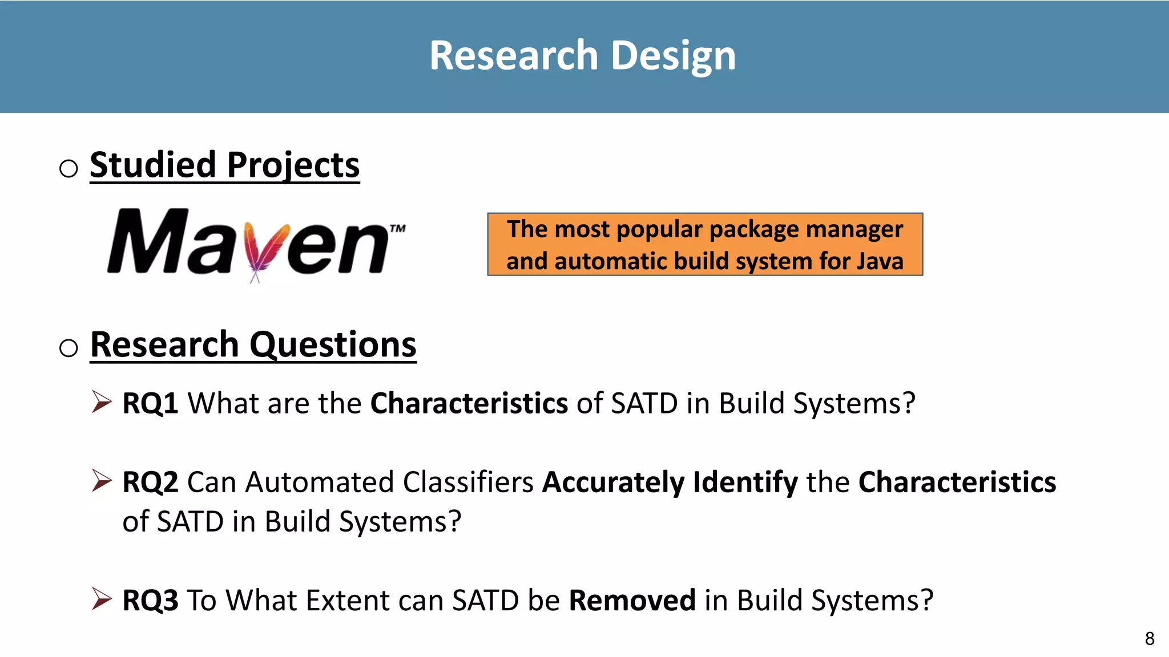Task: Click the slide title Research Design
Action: click(583, 55)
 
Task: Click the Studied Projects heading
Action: click(224, 165)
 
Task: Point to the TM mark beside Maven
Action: click(397, 229)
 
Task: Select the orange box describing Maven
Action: click(704, 245)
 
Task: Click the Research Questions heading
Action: click(253, 344)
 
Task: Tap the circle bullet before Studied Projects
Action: click(68, 168)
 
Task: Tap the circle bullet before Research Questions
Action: click(68, 347)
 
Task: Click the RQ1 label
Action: click(150, 404)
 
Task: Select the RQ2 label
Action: click(150, 482)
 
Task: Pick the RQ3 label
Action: click(150, 601)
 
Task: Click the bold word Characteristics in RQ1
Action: click(469, 404)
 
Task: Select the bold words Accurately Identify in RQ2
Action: click(670, 482)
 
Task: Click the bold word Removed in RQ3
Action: click(632, 601)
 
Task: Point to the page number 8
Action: click(1150, 638)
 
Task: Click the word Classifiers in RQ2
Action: click(468, 482)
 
